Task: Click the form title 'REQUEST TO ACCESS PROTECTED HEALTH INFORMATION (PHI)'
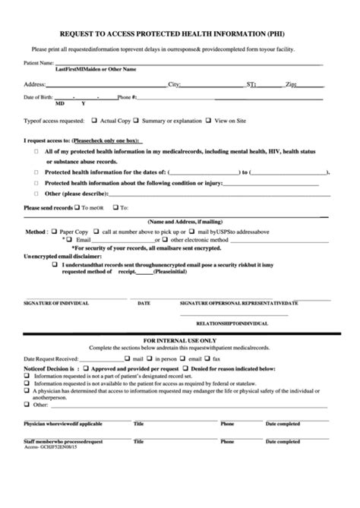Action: click(x=178, y=33)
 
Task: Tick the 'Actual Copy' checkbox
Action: click(x=95, y=120)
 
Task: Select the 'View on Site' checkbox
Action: click(x=210, y=120)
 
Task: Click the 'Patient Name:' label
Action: click(x=39, y=62)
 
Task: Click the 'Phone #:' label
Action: click(x=127, y=97)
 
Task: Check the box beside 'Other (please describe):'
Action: click(x=38, y=194)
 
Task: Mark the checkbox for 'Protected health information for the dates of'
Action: click(x=38, y=172)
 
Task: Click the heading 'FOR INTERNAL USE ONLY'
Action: click(x=180, y=340)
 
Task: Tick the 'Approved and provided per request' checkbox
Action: click(x=88, y=368)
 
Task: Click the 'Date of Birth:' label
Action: click(x=39, y=97)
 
